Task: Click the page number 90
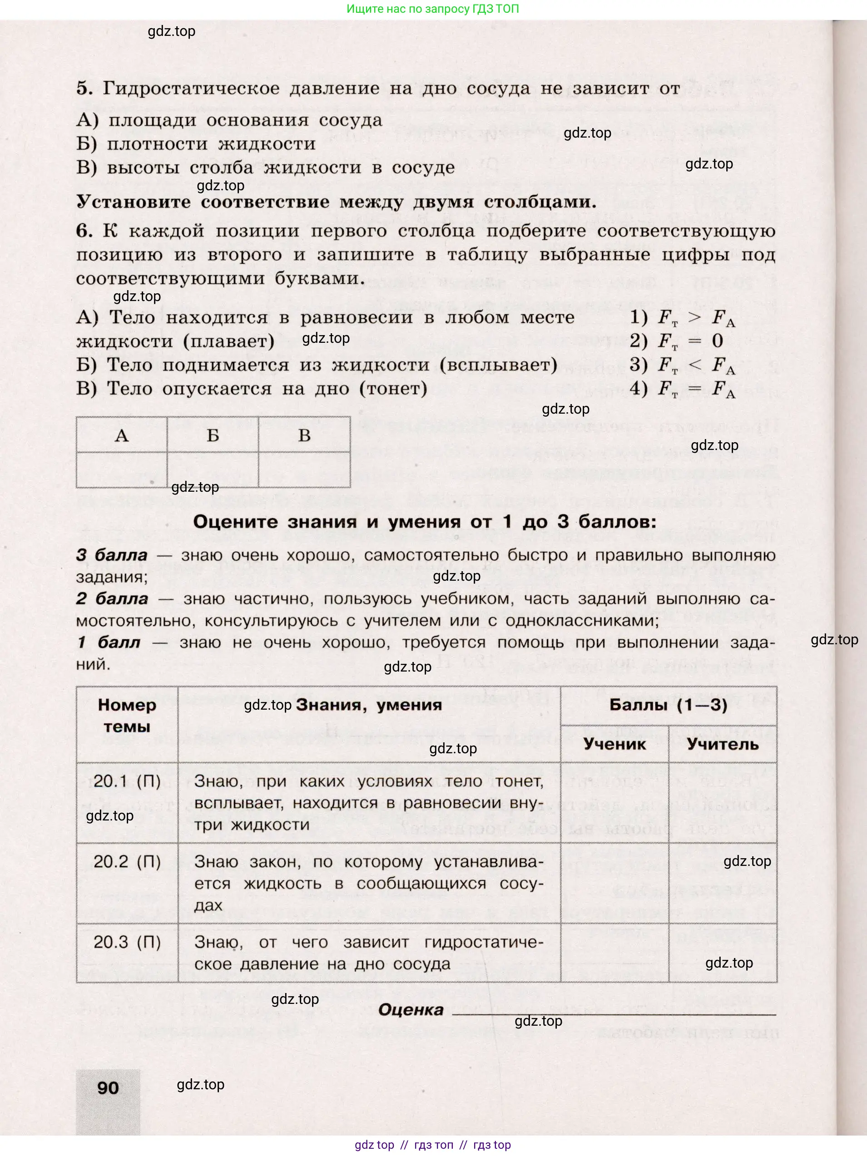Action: [108, 1088]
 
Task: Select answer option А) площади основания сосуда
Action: [229, 120]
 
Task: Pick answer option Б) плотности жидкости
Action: [196, 144]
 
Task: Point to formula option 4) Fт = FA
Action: [682, 389]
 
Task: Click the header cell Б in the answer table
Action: [213, 435]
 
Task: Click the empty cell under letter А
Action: [122, 470]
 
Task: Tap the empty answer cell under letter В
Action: [304, 470]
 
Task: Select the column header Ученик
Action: [614, 744]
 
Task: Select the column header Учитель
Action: [722, 744]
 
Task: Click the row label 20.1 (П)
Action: [127, 781]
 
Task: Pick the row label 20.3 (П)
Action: [127, 942]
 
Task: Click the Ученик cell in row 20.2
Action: [614, 882]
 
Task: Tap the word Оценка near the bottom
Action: [411, 1010]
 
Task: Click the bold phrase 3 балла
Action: [112, 555]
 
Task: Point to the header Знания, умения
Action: [369, 705]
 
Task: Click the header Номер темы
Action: [127, 716]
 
